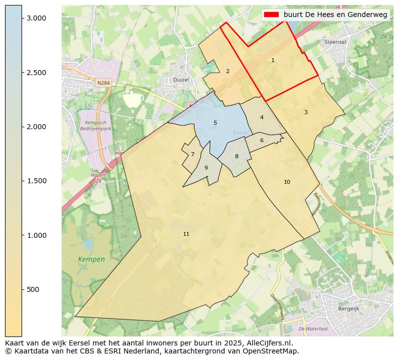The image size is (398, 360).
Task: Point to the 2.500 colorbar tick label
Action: tap(36, 73)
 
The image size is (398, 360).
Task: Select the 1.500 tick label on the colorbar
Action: tap(36, 181)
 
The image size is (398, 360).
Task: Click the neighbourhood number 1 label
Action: tap(273, 60)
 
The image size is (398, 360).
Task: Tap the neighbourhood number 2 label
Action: tap(228, 71)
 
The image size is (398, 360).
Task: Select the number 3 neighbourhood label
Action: tap(306, 112)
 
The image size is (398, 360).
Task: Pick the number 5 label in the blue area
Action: tap(215, 123)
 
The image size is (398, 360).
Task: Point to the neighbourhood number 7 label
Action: tap(192, 154)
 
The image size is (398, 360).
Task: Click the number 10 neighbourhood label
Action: tap(287, 182)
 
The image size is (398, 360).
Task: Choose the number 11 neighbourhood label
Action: tap(186, 234)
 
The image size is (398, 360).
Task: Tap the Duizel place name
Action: tap(180, 80)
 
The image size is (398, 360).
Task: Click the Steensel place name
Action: tap(335, 42)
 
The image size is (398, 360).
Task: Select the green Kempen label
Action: tap(91, 259)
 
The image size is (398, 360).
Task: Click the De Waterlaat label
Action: tap(313, 329)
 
